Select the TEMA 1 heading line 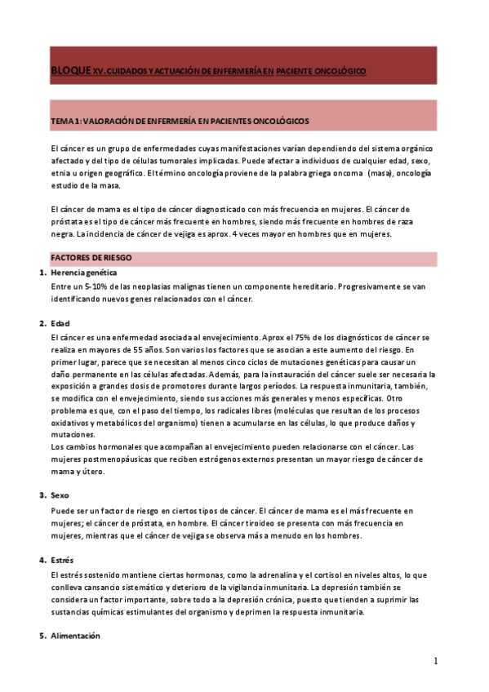point(180,122)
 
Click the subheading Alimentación point(75,636)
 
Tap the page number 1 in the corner point(436,661)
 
